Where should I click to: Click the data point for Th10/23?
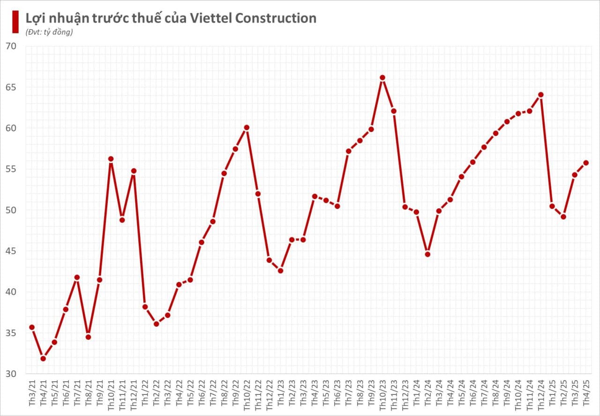coord(382,78)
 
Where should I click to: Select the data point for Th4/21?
coord(43,359)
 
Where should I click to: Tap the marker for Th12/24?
coord(540,95)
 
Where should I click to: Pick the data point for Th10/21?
coord(111,159)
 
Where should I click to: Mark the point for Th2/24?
coord(427,254)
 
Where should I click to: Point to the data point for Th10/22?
coord(247,128)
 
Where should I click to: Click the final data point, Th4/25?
coord(586,163)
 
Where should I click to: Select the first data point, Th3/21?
coord(32,327)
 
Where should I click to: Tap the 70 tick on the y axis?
coord(11,46)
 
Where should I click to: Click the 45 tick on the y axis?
coord(11,251)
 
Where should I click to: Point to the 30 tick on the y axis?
coord(11,374)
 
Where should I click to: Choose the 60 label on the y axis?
coord(11,128)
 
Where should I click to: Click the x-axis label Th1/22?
coord(145,393)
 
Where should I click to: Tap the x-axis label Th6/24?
coord(472,393)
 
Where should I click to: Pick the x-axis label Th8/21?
coord(89,393)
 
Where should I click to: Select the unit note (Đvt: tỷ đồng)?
coord(49,32)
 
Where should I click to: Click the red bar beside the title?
coord(15,22)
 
